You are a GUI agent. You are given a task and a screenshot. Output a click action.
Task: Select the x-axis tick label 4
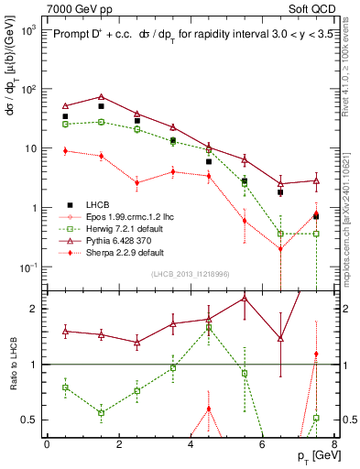pyautogui.click(x=190, y=445)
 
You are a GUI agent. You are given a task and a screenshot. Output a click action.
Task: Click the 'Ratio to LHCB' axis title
pyautogui.click(x=11, y=364)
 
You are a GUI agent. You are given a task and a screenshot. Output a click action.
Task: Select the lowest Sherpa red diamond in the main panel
pyautogui.click(x=280, y=248)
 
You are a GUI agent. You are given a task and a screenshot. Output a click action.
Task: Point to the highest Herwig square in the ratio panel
pyautogui.click(x=209, y=327)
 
